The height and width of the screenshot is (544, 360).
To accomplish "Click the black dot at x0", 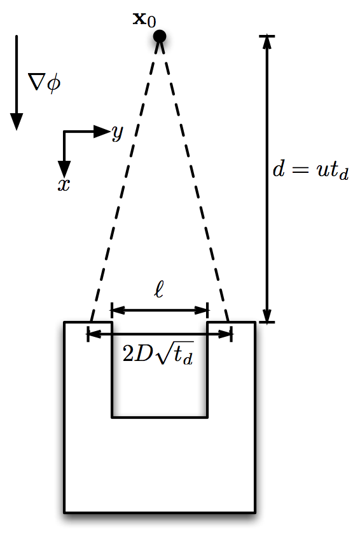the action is (160, 36).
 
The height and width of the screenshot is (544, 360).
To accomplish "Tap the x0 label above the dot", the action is (144, 19).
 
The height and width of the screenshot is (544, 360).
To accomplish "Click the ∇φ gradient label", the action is (45, 83).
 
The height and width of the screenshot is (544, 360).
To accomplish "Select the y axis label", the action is (118, 133).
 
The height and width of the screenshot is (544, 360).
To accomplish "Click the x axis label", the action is (64, 185).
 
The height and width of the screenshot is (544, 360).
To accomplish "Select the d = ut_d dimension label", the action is (310, 170).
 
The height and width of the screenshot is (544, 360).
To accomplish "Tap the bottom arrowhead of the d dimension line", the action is (267, 315).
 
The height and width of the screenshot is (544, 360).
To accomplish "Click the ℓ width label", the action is (159, 290).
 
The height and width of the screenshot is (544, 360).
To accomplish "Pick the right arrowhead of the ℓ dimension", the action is (201, 310).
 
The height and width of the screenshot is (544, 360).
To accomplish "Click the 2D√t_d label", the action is (158, 354).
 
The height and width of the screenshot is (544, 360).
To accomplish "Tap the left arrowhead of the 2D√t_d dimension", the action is (94, 334).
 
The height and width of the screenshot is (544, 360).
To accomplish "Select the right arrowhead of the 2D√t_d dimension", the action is (225, 334).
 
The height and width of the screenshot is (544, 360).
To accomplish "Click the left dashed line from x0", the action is (125, 179).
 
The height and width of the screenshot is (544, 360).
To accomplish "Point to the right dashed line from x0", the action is (194, 179).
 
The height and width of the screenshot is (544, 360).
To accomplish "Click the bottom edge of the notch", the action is (160, 417).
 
